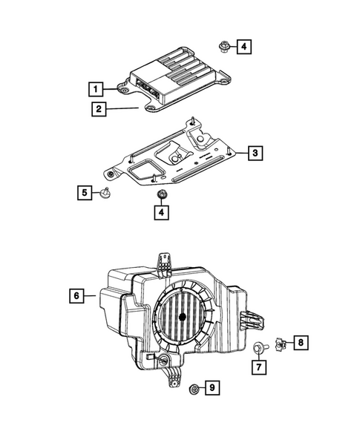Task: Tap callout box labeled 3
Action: coord(254,154)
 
